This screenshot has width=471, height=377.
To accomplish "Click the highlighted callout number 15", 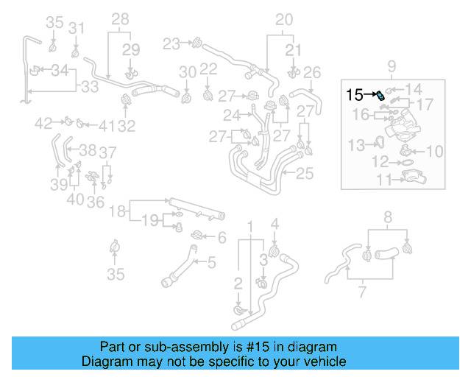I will tap(354, 94).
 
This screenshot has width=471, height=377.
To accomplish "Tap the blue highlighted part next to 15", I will tap(380, 96).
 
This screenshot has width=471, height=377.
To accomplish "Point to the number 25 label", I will tap(305, 174).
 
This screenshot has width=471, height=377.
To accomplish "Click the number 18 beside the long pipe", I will tap(118, 212).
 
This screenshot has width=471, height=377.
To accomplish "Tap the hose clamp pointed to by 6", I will tap(197, 236).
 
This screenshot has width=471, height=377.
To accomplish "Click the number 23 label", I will tap(171, 44).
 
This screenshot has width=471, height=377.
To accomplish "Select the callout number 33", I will tap(89, 87).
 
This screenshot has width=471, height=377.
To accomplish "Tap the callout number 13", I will tap(356, 144).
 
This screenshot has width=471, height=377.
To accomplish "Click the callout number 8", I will tap(388, 217).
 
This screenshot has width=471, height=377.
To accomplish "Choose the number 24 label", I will tap(233, 115).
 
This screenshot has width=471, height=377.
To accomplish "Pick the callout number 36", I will tap(95, 202).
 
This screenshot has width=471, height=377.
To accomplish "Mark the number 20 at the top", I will tap(283, 20).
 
